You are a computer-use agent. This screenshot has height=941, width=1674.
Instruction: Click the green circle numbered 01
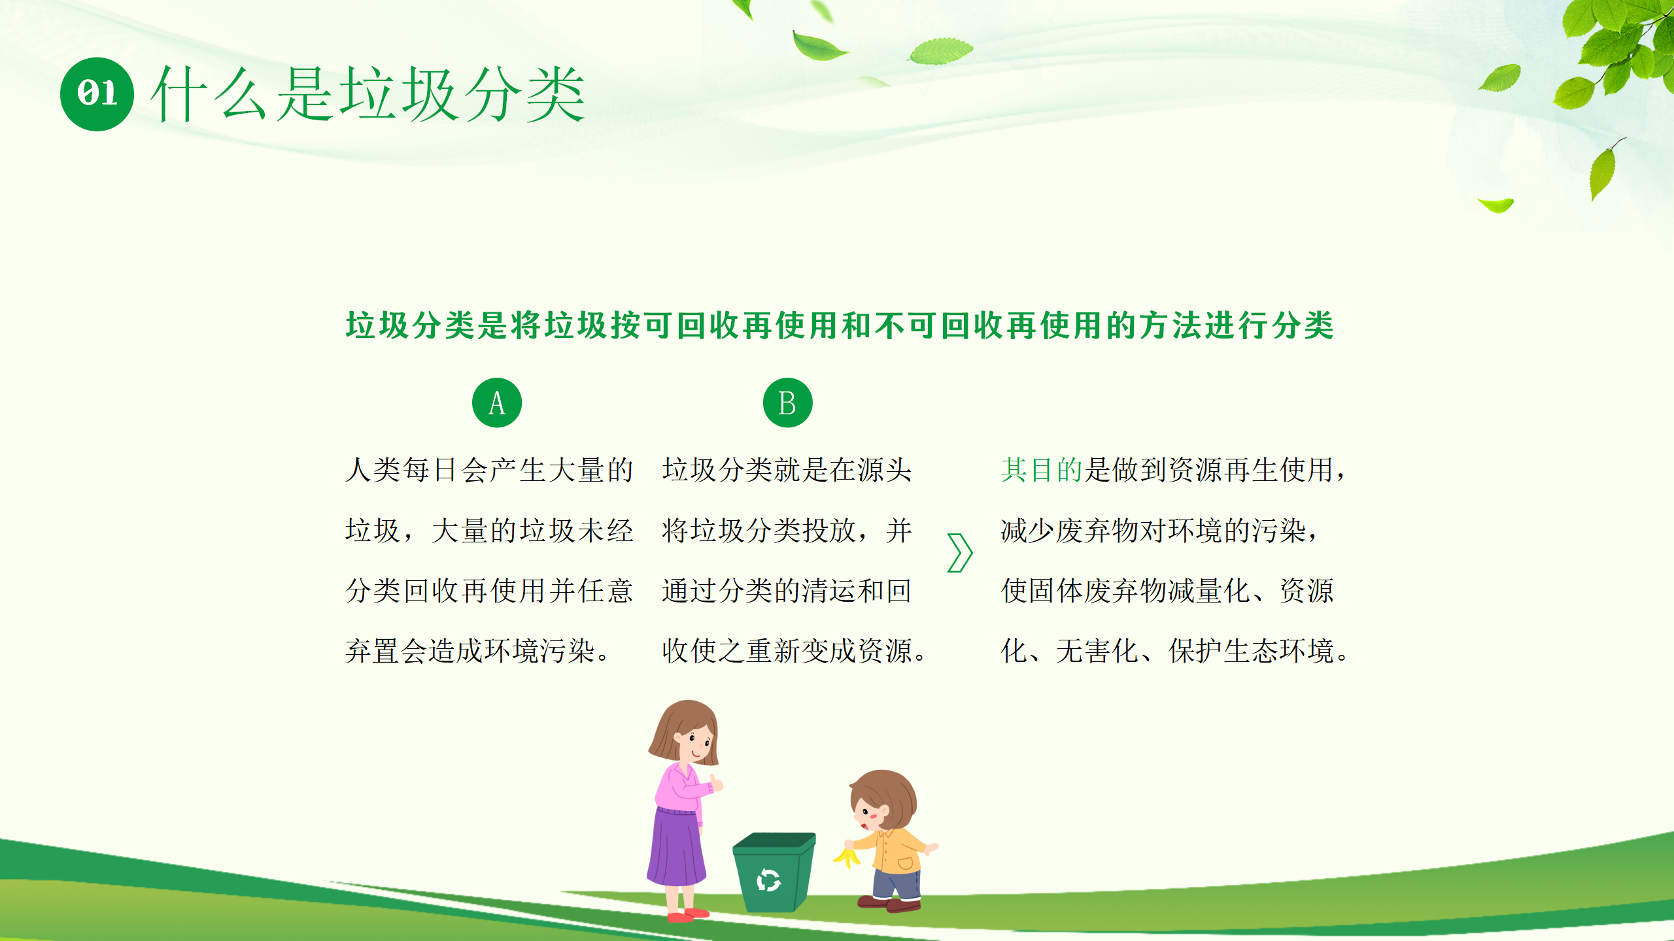pyautogui.click(x=97, y=94)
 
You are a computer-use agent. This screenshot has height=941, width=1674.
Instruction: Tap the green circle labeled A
pyautogui.click(x=497, y=403)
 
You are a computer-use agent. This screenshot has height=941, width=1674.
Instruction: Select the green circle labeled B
pyautogui.click(x=788, y=403)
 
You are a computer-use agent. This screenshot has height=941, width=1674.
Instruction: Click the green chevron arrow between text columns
pyautogui.click(x=960, y=553)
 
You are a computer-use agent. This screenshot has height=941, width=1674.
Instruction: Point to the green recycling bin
pyautogui.click(x=774, y=872)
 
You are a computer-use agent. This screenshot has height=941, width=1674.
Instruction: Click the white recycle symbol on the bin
pyautogui.click(x=768, y=880)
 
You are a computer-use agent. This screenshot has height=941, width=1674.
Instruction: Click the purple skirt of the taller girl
pyautogui.click(x=676, y=846)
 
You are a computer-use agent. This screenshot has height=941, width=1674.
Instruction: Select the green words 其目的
pyautogui.click(x=1042, y=470)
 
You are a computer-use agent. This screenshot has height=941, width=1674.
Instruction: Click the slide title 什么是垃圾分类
pyautogui.click(x=368, y=95)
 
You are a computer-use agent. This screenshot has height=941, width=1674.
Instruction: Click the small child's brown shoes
pyautogui.click(x=889, y=904)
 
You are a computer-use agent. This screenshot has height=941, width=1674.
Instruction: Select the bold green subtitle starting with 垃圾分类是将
pyautogui.click(x=840, y=325)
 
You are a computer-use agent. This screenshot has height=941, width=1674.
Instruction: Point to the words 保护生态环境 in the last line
pyautogui.click(x=1252, y=651)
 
